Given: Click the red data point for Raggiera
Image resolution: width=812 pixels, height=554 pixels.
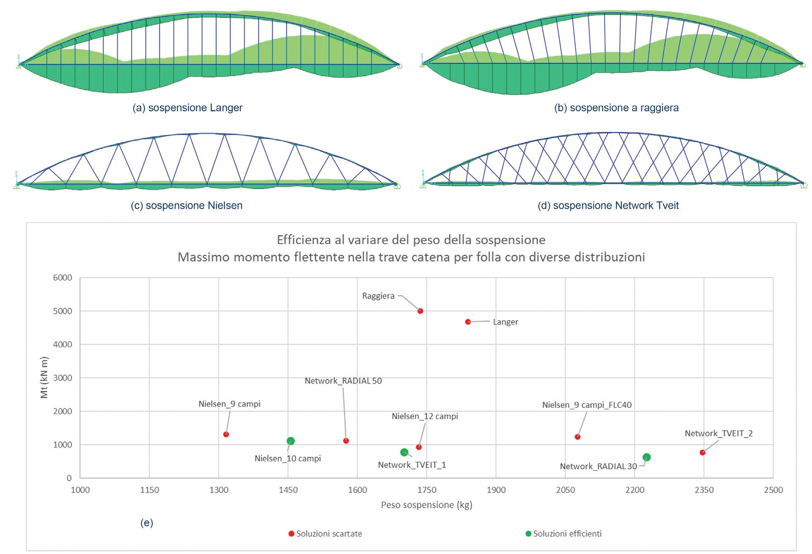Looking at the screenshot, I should click(x=420, y=311).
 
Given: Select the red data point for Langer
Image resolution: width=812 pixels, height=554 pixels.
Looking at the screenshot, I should click(x=468, y=322).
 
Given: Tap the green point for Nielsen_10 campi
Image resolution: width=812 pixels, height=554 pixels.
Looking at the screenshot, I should click(x=291, y=441).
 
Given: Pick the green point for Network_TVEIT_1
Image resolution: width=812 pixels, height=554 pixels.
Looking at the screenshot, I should click(x=404, y=452).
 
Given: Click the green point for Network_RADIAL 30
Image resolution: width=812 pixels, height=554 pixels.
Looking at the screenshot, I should click(x=646, y=457).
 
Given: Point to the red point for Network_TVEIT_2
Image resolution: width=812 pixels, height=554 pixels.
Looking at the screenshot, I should click(x=702, y=453).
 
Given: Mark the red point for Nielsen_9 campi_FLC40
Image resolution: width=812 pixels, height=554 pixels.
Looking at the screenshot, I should click(x=577, y=437).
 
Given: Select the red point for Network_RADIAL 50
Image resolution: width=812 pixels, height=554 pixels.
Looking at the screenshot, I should click(x=346, y=441).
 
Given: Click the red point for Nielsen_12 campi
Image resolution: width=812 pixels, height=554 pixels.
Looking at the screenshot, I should click(x=419, y=447).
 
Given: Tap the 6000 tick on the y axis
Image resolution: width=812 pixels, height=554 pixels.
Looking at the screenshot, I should click(x=63, y=278).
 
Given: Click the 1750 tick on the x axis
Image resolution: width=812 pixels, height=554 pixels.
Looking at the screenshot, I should click(x=426, y=490).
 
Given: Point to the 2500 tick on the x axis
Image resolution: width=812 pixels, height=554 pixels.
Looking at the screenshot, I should click(x=773, y=490).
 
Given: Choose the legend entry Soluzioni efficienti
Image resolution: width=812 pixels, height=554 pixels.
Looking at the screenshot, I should click(x=567, y=534).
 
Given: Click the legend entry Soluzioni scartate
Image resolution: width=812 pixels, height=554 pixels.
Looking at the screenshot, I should click(x=328, y=534).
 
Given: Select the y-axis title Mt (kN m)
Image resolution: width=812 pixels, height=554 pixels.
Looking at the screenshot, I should click(x=44, y=377).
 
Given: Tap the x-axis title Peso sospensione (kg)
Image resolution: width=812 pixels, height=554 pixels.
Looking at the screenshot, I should click(x=426, y=505).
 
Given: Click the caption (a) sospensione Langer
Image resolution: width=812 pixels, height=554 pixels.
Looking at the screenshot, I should click(x=187, y=108).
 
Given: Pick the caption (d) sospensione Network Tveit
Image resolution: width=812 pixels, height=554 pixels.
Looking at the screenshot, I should click(x=608, y=206).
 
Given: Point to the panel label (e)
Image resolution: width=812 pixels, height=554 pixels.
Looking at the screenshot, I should click(x=147, y=522).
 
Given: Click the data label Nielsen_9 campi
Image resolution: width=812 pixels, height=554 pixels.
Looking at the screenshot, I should click(x=229, y=404).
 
